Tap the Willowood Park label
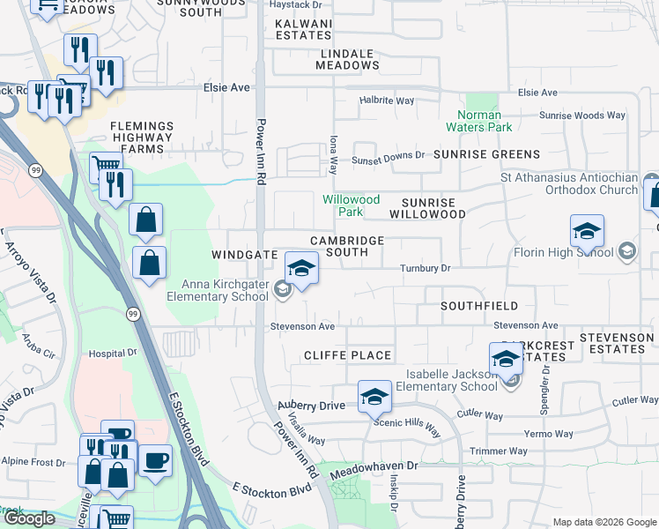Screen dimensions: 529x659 (x=351, y=206)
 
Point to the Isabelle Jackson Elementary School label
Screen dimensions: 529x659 (x=447, y=380)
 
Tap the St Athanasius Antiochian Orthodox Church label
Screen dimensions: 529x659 (x=568, y=184)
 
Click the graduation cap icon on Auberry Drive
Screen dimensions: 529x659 (x=374, y=398)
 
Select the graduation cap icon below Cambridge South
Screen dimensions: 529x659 (x=300, y=269)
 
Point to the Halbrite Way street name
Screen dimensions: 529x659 (x=387, y=101)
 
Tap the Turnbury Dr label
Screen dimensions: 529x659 (x=425, y=268)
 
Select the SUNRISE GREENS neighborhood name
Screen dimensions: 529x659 (x=486, y=154)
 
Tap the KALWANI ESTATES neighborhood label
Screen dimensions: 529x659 (x=302, y=31)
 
